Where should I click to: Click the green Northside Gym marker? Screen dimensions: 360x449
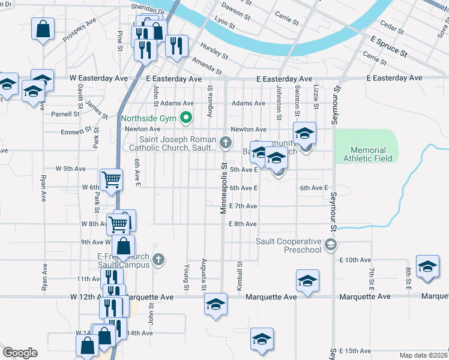click(x=186, y=118)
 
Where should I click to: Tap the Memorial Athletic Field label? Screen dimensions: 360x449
click(x=368, y=154)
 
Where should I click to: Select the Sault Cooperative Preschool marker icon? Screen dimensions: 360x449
click(x=330, y=244)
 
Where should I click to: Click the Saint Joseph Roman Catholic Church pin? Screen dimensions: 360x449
click(x=226, y=142)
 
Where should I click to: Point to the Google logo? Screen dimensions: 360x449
click(x=20, y=353)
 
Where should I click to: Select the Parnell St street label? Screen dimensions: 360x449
click(x=65, y=114)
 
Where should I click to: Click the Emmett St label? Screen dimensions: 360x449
click(x=76, y=130)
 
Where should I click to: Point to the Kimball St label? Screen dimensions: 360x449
click(x=239, y=276)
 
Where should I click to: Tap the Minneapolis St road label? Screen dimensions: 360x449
click(x=223, y=187)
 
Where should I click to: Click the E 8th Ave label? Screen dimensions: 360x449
click(x=243, y=224)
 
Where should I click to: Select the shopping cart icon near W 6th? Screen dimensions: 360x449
click(x=112, y=179)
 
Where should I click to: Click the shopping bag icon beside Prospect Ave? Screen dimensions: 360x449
click(x=43, y=29)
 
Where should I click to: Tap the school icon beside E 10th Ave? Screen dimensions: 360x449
click(x=428, y=267)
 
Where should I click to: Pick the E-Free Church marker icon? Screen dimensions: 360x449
click(x=158, y=260)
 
